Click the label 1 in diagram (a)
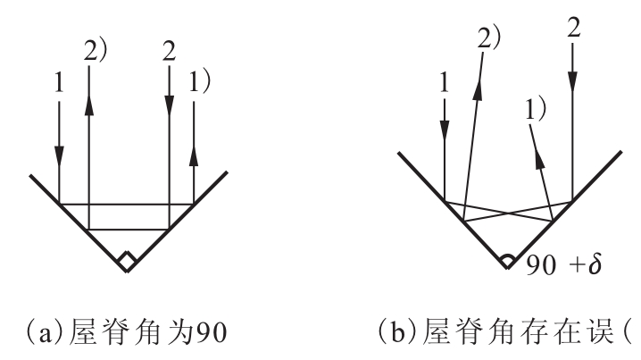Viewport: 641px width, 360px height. click(59, 83)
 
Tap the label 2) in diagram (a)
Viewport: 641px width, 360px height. click(96, 51)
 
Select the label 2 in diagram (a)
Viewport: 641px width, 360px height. click(170, 52)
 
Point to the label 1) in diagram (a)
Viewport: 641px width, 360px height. click(199, 81)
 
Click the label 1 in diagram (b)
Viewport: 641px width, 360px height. click(444, 83)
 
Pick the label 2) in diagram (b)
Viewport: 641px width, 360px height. click(489, 39)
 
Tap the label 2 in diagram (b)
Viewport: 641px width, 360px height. click(574, 29)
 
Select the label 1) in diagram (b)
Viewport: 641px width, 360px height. click(535, 109)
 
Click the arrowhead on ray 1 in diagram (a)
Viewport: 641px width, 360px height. click(59, 155)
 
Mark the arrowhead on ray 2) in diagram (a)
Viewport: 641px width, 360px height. click(88, 106)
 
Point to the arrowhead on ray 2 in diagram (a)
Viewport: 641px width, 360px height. click(170, 106)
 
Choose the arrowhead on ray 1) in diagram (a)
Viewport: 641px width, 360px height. click(194, 155)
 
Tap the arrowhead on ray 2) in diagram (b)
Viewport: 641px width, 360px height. click(478, 89)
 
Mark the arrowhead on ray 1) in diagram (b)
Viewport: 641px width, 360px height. click(540, 158)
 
